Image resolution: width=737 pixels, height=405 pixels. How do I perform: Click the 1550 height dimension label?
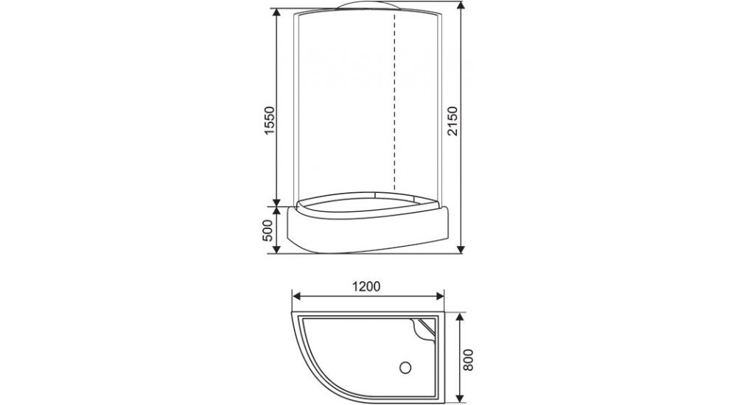coord(269,121)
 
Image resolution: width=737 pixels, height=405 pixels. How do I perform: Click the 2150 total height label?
coord(453,121)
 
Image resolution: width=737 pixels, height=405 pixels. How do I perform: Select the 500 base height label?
coord(268,230)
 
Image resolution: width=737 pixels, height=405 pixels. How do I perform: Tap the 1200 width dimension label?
coord(366,286)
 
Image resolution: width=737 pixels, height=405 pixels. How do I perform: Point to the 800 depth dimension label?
coord(468,360)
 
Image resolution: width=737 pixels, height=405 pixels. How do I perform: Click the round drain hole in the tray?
coord(405,367)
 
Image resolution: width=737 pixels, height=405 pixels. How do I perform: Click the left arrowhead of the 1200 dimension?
coord(296,296)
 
